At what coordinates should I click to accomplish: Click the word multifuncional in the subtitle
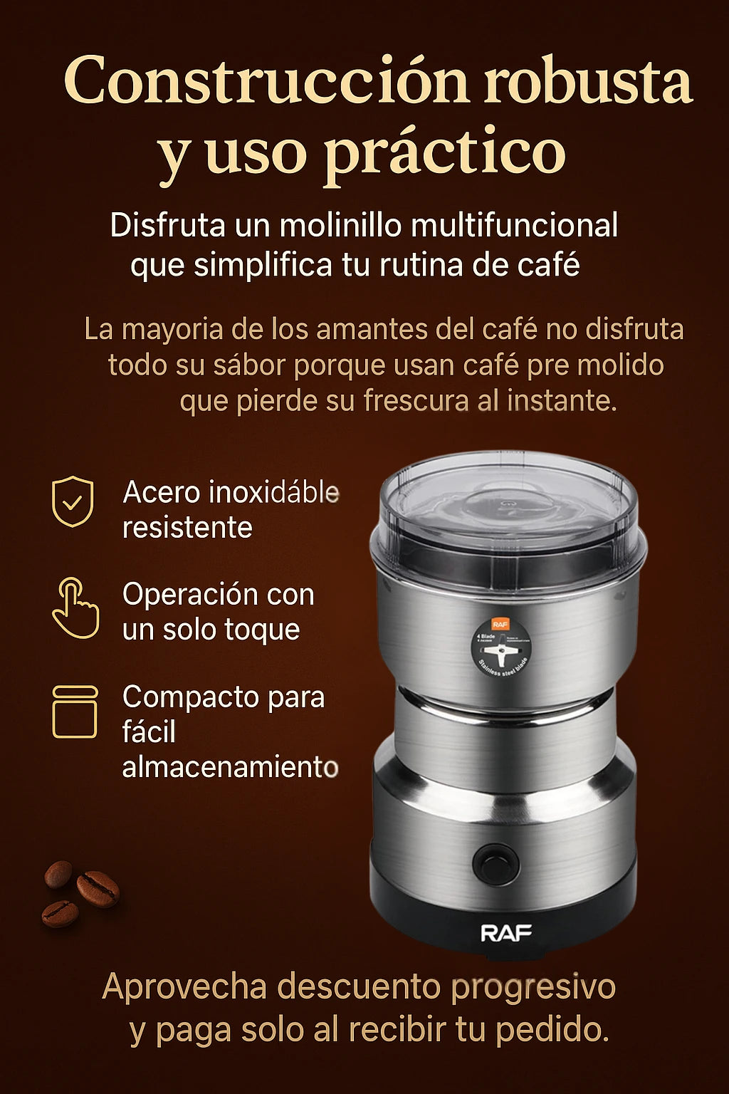point(515,226)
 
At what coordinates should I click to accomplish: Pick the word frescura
point(415,401)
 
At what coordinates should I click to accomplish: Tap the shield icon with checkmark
point(73,501)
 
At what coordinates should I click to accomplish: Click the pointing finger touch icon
point(75,608)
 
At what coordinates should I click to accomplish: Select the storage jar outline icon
point(75,711)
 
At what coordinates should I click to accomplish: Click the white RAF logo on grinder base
point(506,933)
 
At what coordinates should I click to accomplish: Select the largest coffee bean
point(98,890)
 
